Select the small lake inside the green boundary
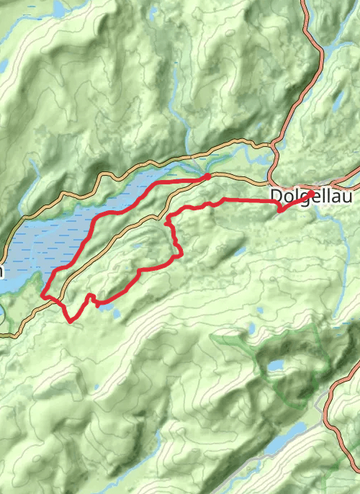point(276,366)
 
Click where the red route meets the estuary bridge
point(207,176)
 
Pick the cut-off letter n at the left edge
point(2,271)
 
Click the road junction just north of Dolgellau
point(274,149)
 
